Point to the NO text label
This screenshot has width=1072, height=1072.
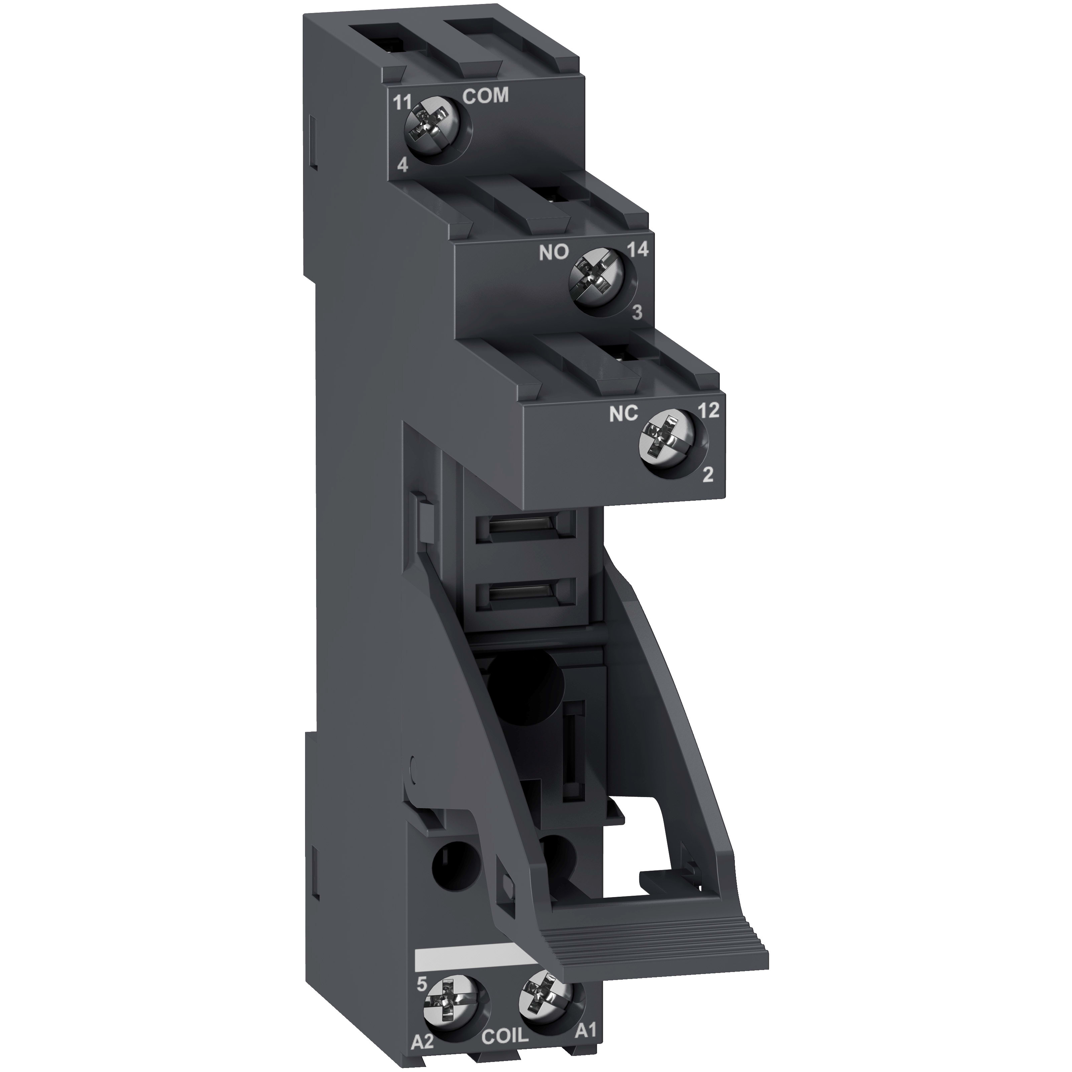pyautogui.click(x=554, y=253)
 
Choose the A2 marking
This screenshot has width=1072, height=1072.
pyautogui.click(x=423, y=1053)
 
